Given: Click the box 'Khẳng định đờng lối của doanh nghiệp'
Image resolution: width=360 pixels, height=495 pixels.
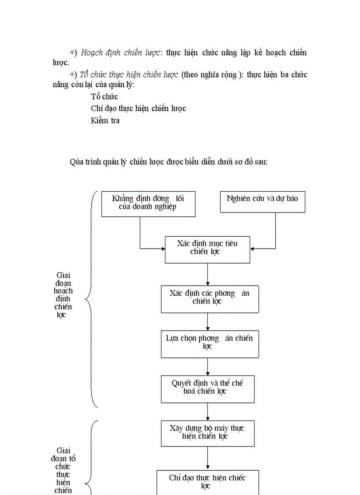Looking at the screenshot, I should [x=148, y=204].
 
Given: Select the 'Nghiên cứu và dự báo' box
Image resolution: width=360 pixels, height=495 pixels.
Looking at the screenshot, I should [x=262, y=202].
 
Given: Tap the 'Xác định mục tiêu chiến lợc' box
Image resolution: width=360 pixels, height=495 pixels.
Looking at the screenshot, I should [x=207, y=249].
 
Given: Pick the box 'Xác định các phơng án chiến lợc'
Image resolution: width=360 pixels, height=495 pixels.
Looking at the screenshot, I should [x=210, y=299].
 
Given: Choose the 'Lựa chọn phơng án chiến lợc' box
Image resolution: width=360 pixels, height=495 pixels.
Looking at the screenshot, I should [x=210, y=344].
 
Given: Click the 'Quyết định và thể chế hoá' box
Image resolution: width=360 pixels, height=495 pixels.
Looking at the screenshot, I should [x=207, y=389].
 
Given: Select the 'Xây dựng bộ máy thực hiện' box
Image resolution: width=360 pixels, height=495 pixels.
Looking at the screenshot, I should [x=207, y=433].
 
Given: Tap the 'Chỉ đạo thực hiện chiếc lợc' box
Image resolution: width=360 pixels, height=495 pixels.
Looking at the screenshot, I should [x=207, y=482].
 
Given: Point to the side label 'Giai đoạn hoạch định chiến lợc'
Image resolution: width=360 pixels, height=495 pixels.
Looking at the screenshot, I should [x=63, y=295].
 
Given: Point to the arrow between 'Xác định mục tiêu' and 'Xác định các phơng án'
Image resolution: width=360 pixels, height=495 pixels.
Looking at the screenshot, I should [x=207, y=274].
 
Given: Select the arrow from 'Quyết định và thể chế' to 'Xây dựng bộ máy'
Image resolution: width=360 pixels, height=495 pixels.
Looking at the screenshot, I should [x=207, y=412].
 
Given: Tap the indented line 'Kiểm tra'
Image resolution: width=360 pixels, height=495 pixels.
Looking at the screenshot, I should [x=105, y=120].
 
